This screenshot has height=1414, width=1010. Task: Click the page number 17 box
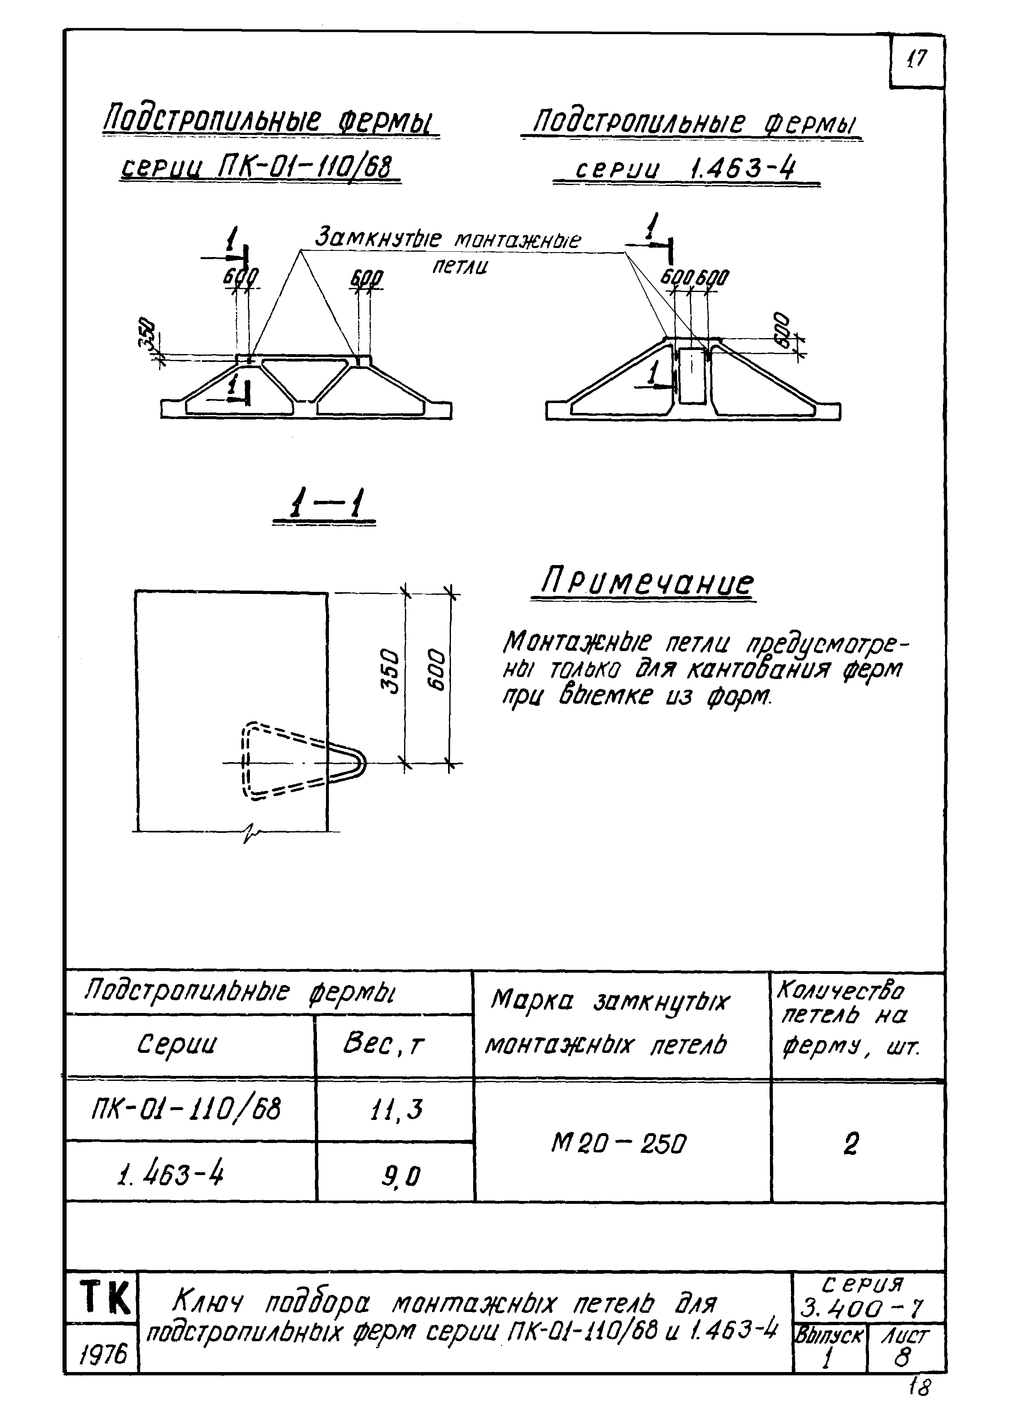click(x=917, y=60)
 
